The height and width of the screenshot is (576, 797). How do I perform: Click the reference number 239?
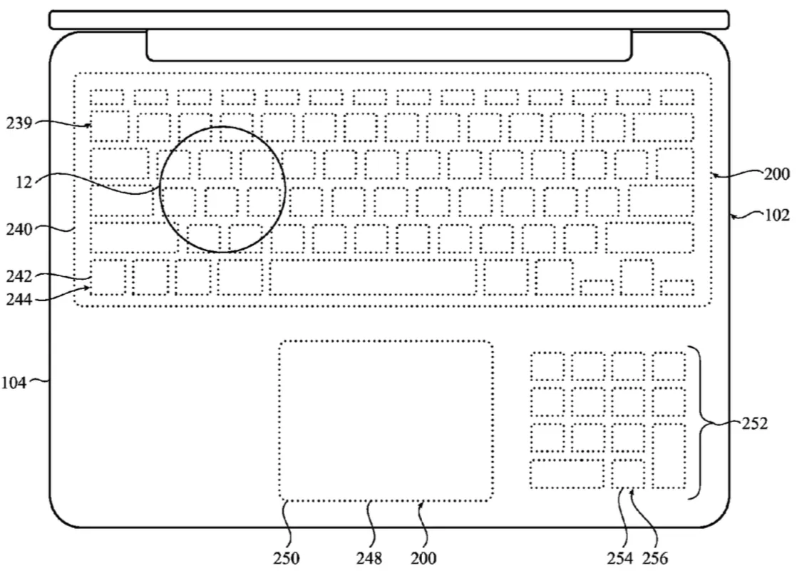click(19, 123)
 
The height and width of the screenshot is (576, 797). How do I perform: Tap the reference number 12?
click(24, 182)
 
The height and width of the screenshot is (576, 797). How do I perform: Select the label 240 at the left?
click(19, 230)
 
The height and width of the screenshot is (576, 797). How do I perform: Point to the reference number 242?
click(19, 276)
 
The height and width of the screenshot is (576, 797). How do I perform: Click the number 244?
click(19, 299)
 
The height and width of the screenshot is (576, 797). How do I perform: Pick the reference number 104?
click(14, 382)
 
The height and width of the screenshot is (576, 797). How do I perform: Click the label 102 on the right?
click(777, 216)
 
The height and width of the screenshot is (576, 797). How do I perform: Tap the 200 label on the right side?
click(776, 174)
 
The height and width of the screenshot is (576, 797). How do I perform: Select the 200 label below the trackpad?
click(423, 559)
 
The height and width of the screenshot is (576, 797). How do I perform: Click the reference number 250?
click(286, 559)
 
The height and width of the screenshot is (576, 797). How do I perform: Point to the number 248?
click(369, 559)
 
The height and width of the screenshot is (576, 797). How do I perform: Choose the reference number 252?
click(754, 423)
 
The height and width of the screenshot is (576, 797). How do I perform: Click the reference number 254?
click(619, 559)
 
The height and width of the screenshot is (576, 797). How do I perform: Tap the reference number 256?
click(655, 559)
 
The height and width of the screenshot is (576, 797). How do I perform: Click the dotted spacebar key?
click(373, 278)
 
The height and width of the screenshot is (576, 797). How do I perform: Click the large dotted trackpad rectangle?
click(386, 421)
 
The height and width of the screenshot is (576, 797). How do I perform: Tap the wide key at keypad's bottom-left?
click(567, 474)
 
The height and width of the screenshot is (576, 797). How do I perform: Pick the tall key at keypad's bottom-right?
click(669, 456)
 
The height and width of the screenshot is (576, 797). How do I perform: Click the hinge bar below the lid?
click(389, 45)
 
